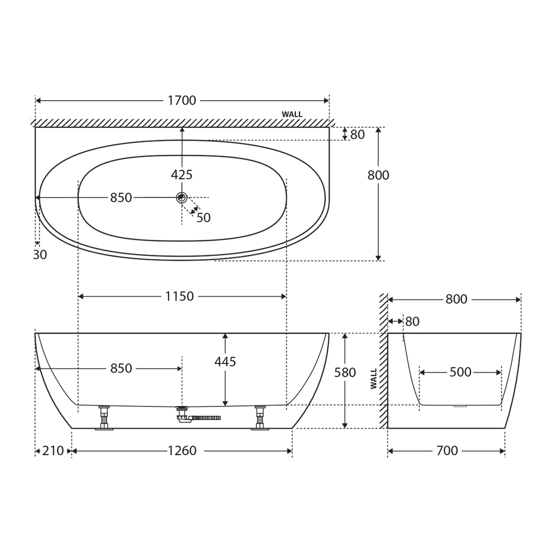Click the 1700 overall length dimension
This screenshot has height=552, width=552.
[181, 101]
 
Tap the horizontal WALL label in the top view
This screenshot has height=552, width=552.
[292, 114]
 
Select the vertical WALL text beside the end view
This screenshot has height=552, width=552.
[374, 379]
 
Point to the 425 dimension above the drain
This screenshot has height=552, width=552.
[181, 175]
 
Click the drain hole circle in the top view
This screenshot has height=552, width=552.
[181, 197]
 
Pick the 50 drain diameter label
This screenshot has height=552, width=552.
[203, 218]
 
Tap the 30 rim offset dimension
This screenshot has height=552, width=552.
[40, 255]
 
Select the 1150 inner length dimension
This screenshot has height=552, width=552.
[179, 296]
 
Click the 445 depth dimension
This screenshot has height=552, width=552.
[225, 362]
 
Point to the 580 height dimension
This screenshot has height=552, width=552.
[344, 373]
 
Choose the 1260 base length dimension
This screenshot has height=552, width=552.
[182, 451]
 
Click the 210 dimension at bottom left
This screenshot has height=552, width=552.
[53, 451]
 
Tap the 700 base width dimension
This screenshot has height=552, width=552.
[447, 451]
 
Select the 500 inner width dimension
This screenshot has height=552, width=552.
[460, 373]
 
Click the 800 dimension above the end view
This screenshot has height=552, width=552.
[456, 300]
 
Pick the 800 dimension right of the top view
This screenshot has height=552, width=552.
[378, 175]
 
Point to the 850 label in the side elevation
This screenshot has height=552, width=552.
[121, 369]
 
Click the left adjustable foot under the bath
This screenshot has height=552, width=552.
[104, 418]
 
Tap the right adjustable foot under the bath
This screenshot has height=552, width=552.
[260, 418]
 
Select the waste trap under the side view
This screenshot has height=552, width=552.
[197, 417]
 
